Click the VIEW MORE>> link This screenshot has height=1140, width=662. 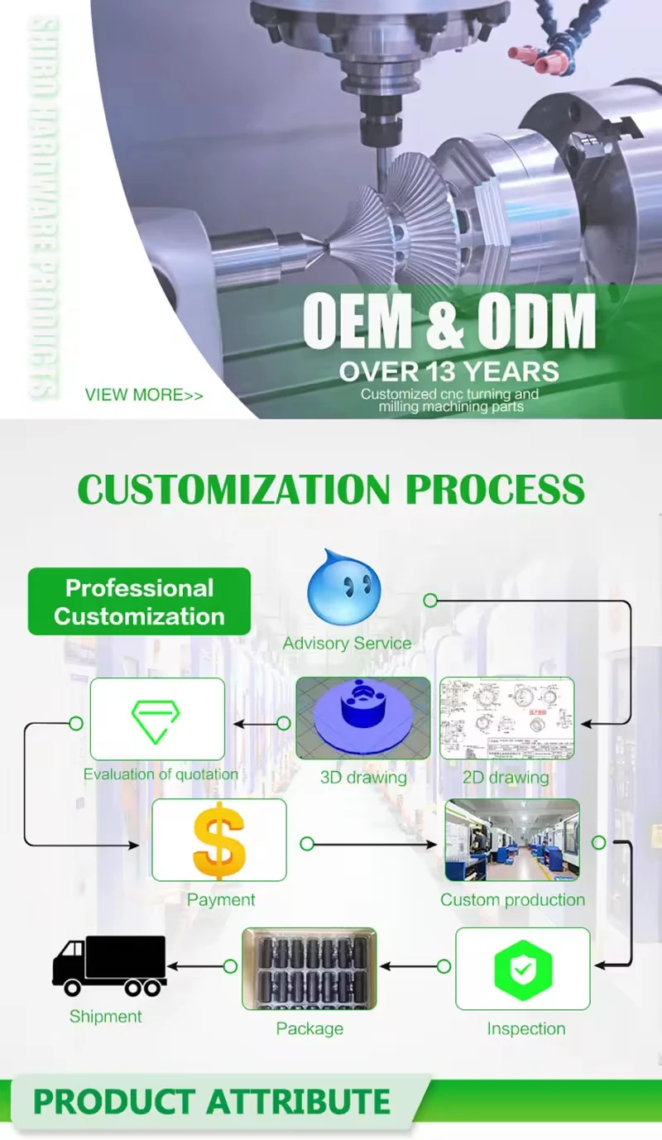[144, 395]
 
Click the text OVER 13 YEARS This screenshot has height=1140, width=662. [449, 371]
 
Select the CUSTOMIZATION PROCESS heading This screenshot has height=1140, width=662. [331, 490]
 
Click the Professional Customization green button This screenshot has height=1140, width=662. [139, 601]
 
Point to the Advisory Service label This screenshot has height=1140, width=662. [347, 644]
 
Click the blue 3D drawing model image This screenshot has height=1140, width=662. [363, 718]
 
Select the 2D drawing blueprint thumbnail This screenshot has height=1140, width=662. [506, 718]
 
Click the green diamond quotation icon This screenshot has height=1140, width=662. [157, 721]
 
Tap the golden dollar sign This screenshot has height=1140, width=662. [219, 840]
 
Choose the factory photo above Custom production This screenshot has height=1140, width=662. [512, 840]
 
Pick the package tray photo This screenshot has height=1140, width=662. [309, 968]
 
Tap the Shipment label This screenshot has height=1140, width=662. [106, 1017]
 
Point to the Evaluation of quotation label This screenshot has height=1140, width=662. [161, 775]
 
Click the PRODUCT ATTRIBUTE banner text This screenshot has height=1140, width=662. [212, 1102]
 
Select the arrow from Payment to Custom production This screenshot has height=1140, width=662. [372, 845]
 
